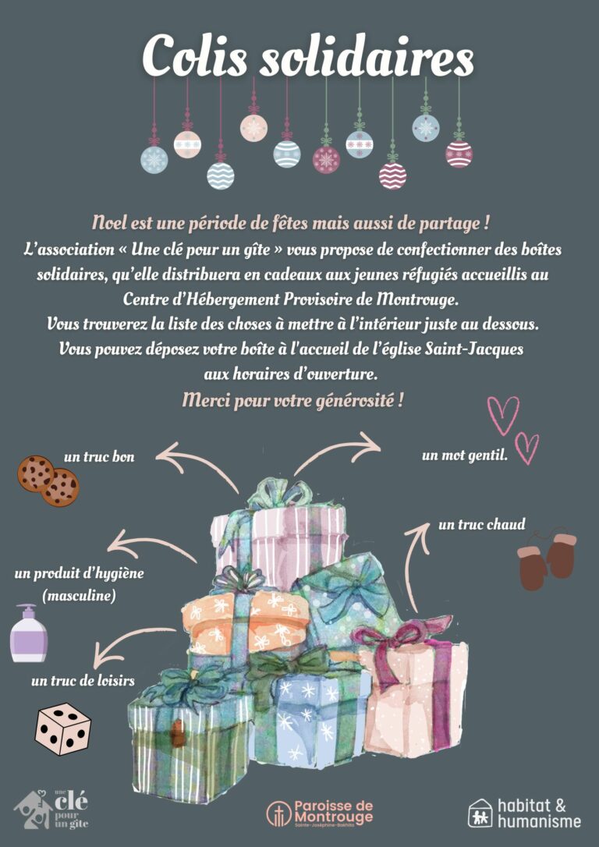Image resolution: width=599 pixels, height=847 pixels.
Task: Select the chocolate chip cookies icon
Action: (48, 480)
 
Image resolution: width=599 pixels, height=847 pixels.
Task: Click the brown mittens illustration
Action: (547, 560)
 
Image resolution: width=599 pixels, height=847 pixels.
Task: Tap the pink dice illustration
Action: (63, 728)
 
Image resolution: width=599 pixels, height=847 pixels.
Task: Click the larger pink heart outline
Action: (503, 415)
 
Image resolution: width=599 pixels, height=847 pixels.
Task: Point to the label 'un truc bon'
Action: (99, 457)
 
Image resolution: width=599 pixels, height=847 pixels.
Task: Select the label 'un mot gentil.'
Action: (465, 456)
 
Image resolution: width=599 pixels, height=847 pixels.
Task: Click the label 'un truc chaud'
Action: (482, 524)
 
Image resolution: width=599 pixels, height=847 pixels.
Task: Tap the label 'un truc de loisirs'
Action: (83, 681)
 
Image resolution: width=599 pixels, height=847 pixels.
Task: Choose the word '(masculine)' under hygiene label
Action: (78, 596)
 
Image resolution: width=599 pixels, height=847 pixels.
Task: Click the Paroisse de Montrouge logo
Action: (321, 813)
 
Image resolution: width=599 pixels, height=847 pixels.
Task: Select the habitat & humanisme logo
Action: (524, 813)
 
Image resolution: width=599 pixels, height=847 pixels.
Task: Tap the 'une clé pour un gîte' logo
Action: (51, 810)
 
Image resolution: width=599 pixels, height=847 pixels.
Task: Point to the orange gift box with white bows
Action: (246, 620)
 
